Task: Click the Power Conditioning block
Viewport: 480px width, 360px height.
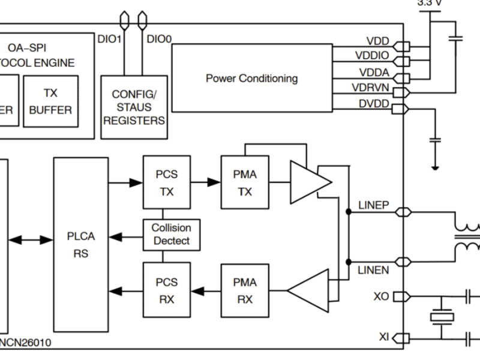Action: click(252, 78)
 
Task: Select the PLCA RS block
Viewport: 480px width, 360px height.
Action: click(80, 244)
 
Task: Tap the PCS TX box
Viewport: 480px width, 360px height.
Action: click(166, 182)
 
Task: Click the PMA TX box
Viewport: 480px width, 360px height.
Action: click(244, 182)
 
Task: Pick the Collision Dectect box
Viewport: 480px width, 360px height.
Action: click(171, 235)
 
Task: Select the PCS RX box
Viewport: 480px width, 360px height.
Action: click(166, 290)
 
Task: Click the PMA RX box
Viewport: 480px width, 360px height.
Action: click(244, 290)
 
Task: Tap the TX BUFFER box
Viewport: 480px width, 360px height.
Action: click(50, 101)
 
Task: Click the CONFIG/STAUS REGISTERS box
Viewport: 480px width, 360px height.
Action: click(134, 107)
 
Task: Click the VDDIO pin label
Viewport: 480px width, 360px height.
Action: click(371, 56)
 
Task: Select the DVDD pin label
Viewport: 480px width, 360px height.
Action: click(374, 104)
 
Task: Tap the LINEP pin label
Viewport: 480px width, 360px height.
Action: click(373, 205)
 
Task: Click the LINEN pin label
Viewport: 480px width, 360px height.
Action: click(373, 270)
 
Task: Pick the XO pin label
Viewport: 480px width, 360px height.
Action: click(381, 296)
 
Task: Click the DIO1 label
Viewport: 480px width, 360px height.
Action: click(109, 40)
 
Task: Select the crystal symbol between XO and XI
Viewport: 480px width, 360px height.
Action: click(442, 317)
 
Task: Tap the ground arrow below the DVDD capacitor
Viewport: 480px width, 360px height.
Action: click(436, 166)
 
